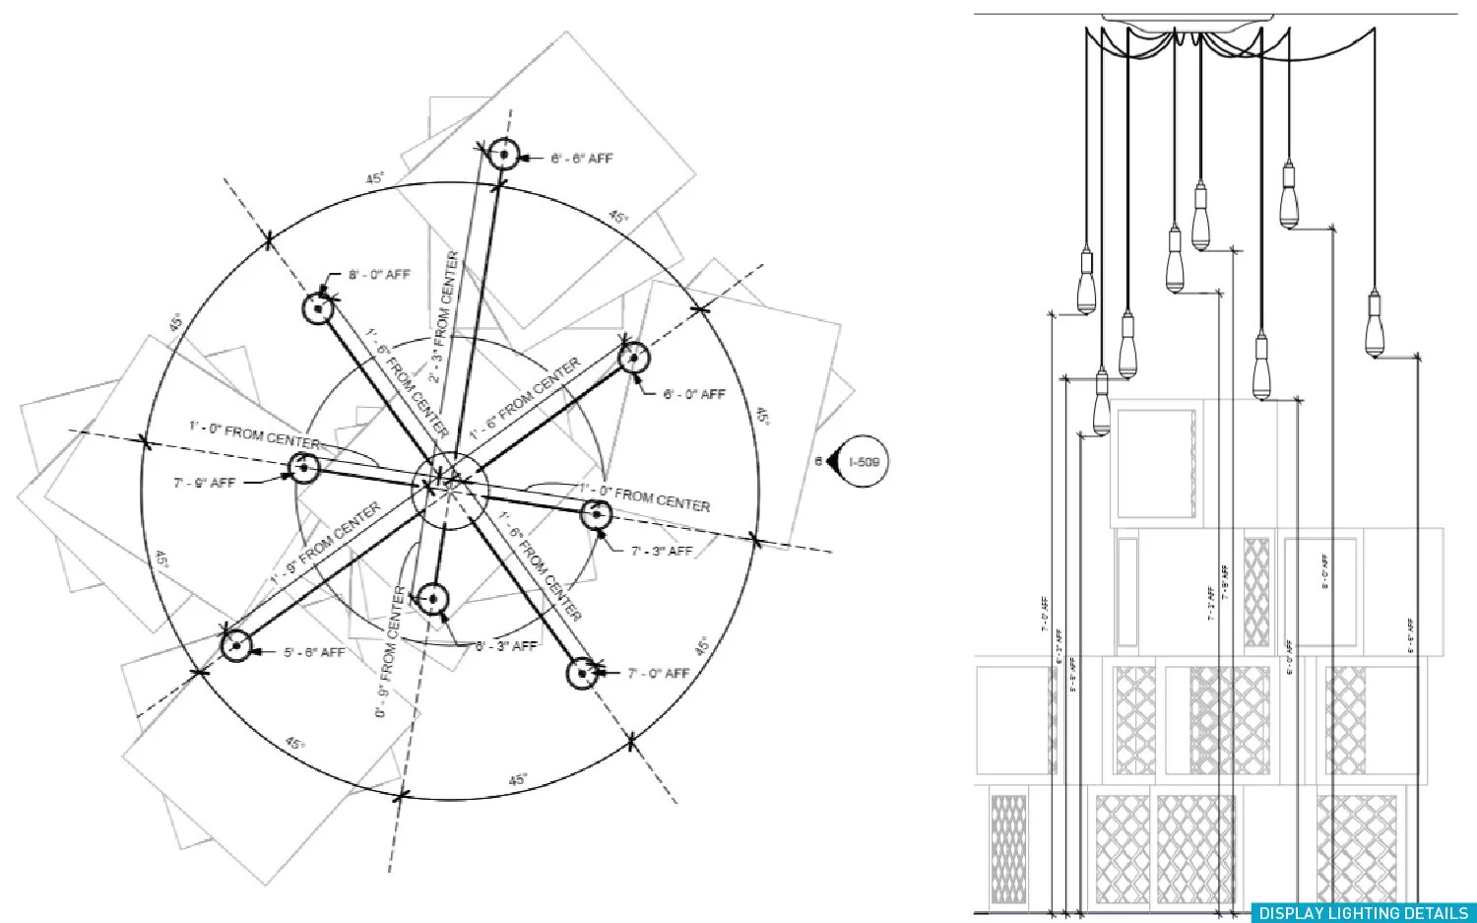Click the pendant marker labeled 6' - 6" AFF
[503, 155]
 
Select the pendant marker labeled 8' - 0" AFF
[318, 308]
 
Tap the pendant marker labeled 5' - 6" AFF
[236, 646]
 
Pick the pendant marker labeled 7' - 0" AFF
[583, 673]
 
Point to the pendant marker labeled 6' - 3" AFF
[433, 599]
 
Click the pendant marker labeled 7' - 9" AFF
[304, 468]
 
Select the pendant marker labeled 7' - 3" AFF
[595, 513]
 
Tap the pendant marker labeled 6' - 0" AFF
[634, 357]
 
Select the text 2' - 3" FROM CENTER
[444, 315]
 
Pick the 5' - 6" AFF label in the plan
[314, 652]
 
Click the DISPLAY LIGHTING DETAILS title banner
[1363, 913]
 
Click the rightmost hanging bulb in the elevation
[1376, 325]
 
